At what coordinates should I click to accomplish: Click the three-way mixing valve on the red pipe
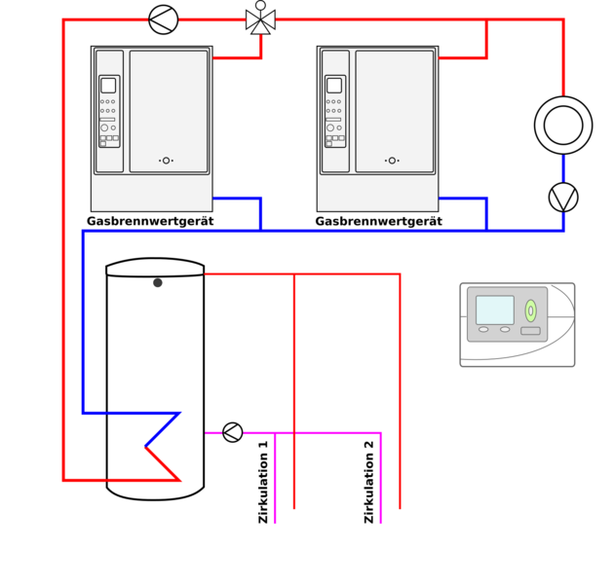(x=260, y=20)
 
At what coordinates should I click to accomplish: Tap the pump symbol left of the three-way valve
(x=164, y=19)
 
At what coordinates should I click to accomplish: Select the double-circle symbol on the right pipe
(x=563, y=125)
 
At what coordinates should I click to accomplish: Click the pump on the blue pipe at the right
(x=563, y=198)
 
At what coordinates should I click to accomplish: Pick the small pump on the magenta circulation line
(x=232, y=432)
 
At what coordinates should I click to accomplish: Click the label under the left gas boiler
(x=150, y=222)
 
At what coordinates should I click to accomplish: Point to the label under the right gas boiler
(x=378, y=222)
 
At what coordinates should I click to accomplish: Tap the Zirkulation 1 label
(x=263, y=482)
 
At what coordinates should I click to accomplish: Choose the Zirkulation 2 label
(x=369, y=482)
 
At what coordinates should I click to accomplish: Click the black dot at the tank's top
(x=158, y=282)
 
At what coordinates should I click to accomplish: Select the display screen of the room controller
(x=495, y=310)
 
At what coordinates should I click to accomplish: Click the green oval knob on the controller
(x=530, y=310)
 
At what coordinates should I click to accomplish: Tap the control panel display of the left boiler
(x=108, y=86)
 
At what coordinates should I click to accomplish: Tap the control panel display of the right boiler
(x=334, y=86)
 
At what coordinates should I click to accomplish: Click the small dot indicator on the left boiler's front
(x=166, y=161)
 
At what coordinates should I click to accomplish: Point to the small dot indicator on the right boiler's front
(x=392, y=161)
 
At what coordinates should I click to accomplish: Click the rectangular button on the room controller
(x=530, y=331)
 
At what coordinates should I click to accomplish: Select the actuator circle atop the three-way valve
(x=260, y=5)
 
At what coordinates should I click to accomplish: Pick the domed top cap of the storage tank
(x=155, y=266)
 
